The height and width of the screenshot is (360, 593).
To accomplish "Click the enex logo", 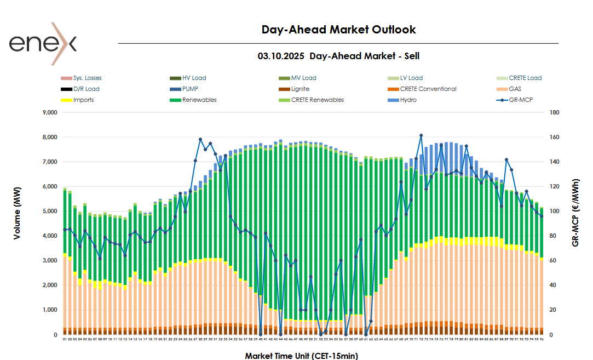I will point(43,43).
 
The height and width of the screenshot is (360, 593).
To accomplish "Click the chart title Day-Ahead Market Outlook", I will point(338,30).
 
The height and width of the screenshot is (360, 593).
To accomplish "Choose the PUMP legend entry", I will point(190,89).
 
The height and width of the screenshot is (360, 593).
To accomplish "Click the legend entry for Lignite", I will point(300,89).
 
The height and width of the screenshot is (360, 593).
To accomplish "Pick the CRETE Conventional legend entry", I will point(428,89).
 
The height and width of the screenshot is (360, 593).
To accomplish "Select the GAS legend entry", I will point(515,89).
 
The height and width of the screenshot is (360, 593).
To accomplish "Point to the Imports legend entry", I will point(83,100).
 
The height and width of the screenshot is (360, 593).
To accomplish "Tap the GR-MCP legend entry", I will point(521,100).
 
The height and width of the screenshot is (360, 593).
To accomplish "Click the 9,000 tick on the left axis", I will point(49,113).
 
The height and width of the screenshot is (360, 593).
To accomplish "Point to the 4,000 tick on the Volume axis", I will point(49,236).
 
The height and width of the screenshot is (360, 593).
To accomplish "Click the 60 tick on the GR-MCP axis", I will point(554,261).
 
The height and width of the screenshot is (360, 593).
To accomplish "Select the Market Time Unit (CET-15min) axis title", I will point(301,356).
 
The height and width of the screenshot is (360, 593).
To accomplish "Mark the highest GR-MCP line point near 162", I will point(421,135).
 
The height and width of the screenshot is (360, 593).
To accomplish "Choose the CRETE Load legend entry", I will point(525,78).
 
